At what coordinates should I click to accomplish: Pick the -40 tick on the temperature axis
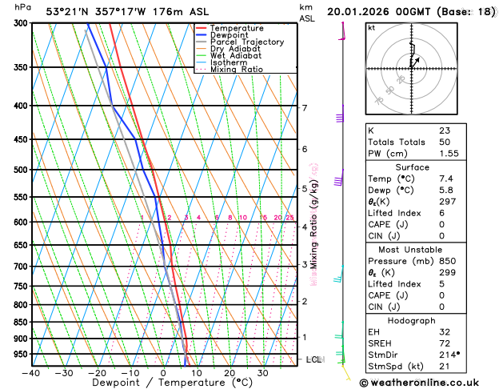pos(31,373)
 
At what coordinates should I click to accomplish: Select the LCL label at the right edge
pos(313,360)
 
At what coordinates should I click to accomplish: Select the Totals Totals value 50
pos(445,142)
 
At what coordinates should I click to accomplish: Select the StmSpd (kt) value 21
pos(445,366)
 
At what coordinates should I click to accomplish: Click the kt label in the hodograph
pos(371,28)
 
